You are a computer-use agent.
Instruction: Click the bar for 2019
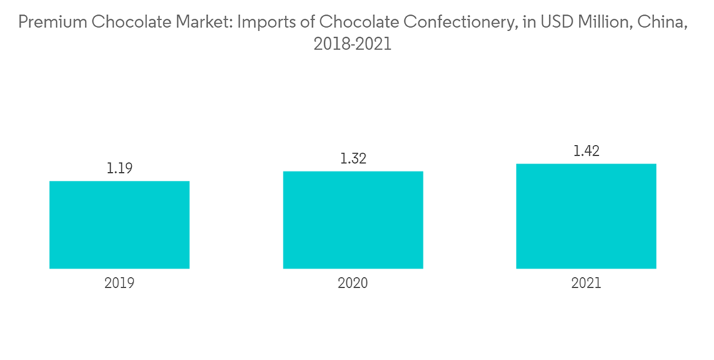tap(119, 225)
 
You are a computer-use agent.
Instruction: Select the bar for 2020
tap(353, 220)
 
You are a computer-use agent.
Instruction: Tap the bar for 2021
tap(586, 216)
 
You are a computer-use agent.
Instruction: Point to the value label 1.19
tap(119, 169)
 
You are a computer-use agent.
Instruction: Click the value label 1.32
tap(353, 159)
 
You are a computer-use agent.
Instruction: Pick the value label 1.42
tap(586, 151)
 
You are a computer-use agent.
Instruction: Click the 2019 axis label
tap(119, 283)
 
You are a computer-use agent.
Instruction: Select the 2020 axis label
tap(353, 283)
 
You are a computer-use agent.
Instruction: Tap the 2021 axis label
tap(586, 283)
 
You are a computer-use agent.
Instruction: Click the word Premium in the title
tap(48, 22)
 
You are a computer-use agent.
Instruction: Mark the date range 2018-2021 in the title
tap(353, 45)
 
